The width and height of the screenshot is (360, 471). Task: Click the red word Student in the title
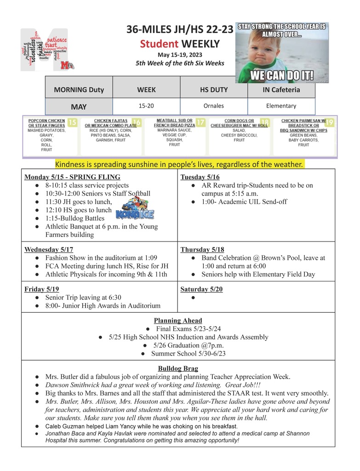(x=159, y=44)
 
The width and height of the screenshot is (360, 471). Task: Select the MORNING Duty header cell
(x=79, y=90)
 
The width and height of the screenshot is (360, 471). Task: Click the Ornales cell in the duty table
(x=213, y=106)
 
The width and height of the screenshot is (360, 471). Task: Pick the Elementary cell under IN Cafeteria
(x=281, y=106)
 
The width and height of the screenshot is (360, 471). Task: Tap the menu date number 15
(x=72, y=123)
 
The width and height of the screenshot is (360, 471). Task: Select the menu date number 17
(x=200, y=123)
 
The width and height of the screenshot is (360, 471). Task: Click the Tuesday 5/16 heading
(x=200, y=177)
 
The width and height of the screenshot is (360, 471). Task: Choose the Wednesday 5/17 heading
(x=49, y=250)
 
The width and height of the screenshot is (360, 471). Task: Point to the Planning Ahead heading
(x=178, y=321)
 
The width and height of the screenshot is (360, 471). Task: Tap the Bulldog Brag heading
(x=178, y=368)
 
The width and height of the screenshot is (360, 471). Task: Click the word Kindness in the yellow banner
(x=69, y=164)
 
